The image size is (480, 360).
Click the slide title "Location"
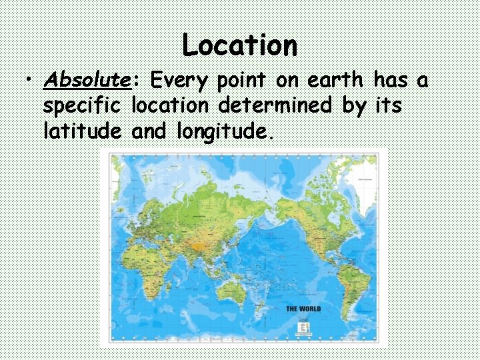[240, 45]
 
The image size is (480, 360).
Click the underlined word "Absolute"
[87, 81]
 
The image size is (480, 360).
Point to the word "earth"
[335, 81]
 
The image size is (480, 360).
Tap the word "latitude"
[81, 131]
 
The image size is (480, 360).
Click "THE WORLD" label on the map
[303, 309]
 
